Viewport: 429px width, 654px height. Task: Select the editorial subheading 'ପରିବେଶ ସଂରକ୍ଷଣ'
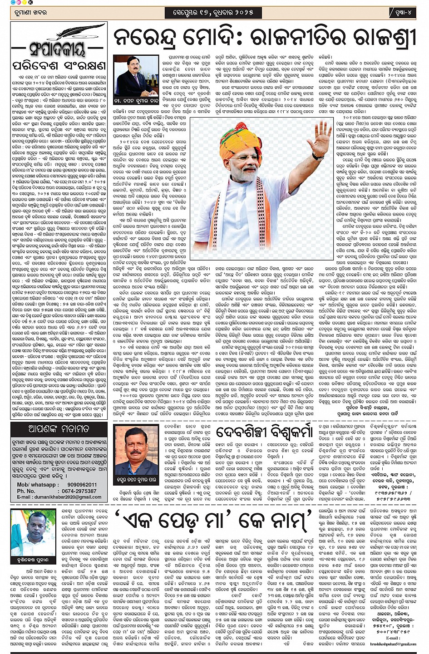[59, 66]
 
